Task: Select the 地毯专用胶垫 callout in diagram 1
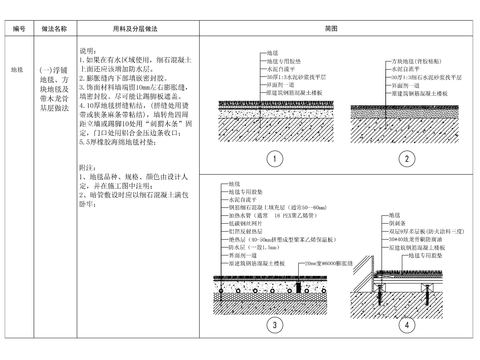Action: pyautogui.click(x=282, y=57)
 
